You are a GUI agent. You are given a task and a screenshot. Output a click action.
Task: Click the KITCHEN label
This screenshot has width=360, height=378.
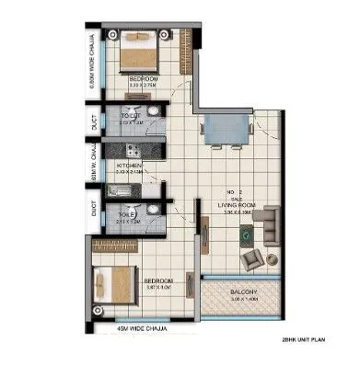(130, 166)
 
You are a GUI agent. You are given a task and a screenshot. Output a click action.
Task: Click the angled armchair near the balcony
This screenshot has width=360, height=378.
(250, 262)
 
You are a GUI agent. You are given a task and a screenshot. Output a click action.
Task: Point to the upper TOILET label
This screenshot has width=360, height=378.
(130, 116)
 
